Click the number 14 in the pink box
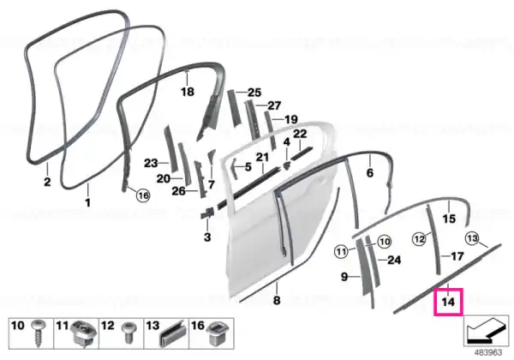coord(448,302)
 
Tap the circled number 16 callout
coord(143,195)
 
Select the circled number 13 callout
coord(472,238)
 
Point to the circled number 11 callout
coord(341,252)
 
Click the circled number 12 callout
coord(419,238)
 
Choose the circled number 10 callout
coord(384,242)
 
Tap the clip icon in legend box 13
coord(172,333)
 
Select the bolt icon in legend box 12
coord(127,333)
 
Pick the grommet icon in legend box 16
coord(216,333)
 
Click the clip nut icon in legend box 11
coord(84,333)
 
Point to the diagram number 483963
coord(488,353)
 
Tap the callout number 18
coord(188,92)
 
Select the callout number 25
coord(254,93)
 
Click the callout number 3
coord(207,237)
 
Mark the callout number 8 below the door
coord(277,300)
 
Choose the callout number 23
coord(151,163)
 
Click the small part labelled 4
coord(286,165)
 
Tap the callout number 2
coord(47,182)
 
